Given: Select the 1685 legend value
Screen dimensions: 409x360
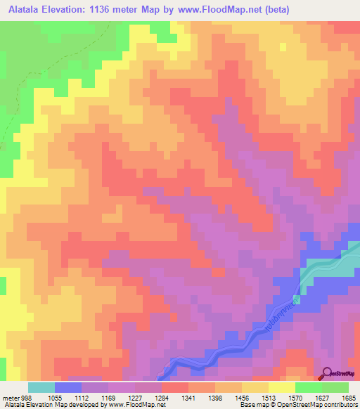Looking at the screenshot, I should coord(349,397).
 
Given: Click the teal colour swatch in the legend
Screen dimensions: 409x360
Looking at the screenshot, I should coord(41,387).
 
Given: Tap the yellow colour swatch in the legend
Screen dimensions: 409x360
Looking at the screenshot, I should coord(282,387).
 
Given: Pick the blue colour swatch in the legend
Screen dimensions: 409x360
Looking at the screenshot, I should coord(67,387).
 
